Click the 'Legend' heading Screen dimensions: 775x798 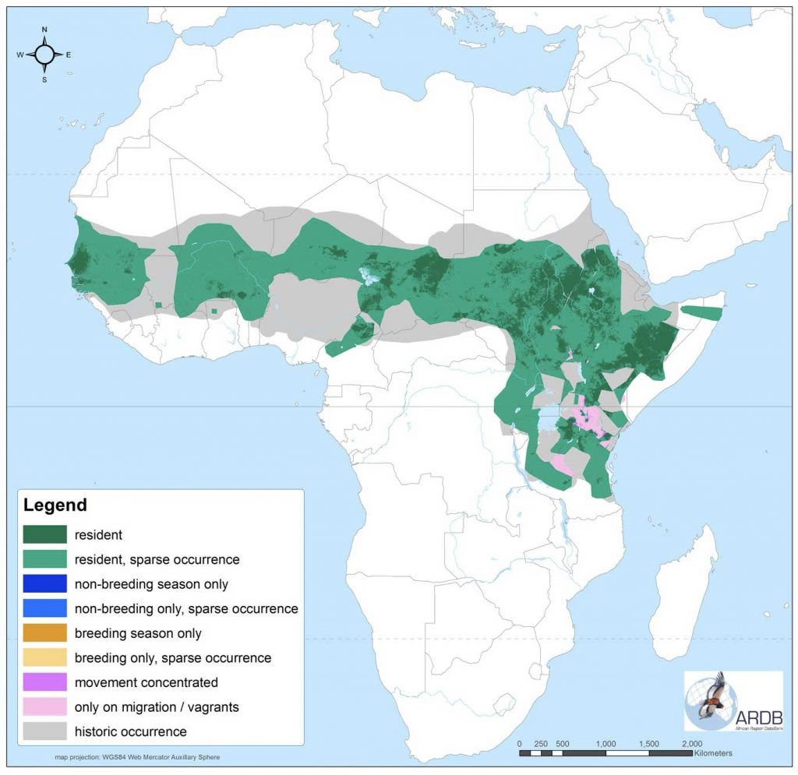point(55,505)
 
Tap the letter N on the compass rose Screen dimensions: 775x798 point(44,30)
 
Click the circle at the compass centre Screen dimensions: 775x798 point(44,55)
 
